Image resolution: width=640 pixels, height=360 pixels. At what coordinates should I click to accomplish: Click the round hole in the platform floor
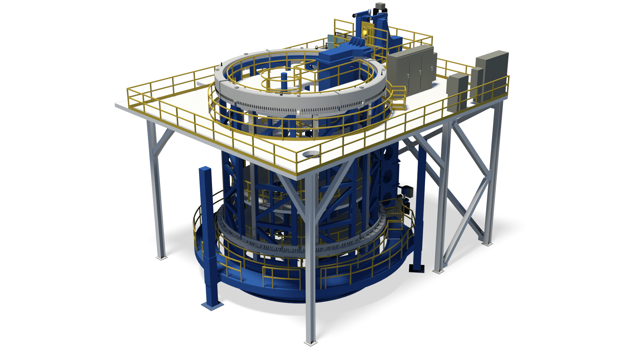(311, 154)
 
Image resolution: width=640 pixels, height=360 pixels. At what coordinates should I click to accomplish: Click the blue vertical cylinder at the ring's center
(284, 80)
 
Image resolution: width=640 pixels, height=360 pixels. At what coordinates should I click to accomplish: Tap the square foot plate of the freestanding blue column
(212, 305)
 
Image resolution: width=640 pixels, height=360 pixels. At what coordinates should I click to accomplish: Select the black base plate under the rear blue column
(417, 268)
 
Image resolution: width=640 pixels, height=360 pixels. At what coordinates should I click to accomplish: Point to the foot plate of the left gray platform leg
(161, 257)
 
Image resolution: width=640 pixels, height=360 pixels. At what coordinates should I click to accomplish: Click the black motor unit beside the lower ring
(407, 192)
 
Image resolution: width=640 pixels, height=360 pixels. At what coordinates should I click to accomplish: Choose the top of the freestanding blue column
(205, 169)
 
